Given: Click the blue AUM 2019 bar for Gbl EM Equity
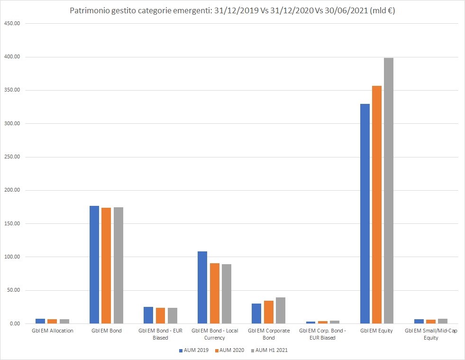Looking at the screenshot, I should tap(365, 213).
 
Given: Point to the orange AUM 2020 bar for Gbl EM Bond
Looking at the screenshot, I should tap(106, 266).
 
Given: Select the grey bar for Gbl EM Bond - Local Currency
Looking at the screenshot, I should tap(227, 294).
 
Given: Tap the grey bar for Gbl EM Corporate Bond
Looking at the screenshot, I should tap(281, 311).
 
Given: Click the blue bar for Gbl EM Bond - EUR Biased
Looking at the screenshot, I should tap(148, 315).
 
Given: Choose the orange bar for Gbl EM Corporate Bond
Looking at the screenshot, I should tap(269, 312).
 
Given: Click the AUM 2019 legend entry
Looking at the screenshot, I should tap(194, 351).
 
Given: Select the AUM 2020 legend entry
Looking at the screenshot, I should tap(230, 351).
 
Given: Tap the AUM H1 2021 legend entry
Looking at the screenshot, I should tap(270, 351).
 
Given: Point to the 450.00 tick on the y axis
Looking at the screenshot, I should tap(11, 24).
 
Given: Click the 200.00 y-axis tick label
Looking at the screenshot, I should tap(11, 190).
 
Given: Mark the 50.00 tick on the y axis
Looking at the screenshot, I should tap(13, 290).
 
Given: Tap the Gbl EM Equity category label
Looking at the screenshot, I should tap(376, 331).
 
